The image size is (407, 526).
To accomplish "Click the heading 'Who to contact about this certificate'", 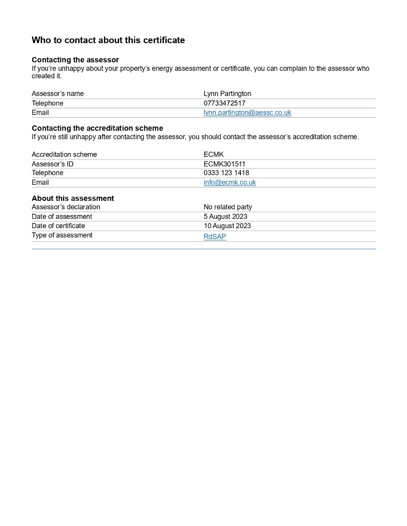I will tap(108, 40).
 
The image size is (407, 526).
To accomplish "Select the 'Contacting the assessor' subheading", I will tap(75, 60).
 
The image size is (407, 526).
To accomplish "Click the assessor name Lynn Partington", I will tap(227, 93).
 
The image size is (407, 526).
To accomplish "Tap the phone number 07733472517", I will tap(224, 103).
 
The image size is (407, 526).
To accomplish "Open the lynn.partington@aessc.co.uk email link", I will tap(247, 112).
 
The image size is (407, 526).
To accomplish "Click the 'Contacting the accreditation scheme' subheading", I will tap(98, 128).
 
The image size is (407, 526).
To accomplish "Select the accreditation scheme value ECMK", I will tap(214, 155).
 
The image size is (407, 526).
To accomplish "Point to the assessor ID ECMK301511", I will tap(224, 164).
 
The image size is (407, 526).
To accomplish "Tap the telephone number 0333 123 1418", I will tap(226, 173).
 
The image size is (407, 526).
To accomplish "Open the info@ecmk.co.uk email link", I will tap(230, 182).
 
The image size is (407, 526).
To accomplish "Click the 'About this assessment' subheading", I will tap(73, 198).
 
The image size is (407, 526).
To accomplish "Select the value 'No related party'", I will tap(228, 207).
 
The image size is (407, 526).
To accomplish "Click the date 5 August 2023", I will tap(225, 217).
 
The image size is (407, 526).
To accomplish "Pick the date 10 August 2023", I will tap(227, 226).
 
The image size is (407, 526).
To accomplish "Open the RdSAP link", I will tap(215, 237).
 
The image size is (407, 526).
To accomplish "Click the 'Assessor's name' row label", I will tap(57, 93).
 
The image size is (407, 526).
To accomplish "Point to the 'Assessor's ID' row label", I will tap(53, 164).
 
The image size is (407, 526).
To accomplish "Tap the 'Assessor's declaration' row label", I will tap(66, 207).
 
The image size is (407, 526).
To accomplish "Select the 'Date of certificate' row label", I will tap(59, 226).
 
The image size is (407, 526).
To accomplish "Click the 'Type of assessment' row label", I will tap(62, 235).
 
